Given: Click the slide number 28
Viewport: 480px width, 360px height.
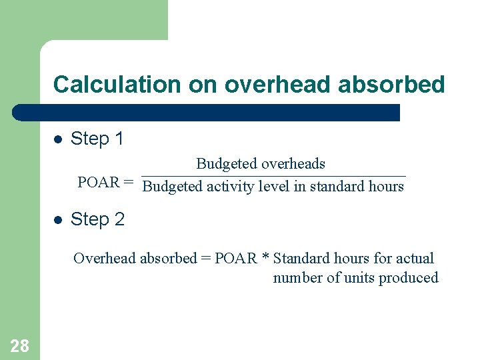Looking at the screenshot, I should click(19, 345).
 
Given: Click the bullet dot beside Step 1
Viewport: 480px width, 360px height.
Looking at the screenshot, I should click(58, 139).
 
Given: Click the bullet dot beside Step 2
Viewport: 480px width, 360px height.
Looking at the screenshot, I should click(58, 220).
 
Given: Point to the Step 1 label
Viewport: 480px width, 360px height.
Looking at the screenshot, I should click(97, 139).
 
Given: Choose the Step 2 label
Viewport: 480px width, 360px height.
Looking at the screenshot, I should click(97, 219).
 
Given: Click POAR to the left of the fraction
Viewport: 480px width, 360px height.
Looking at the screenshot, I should click(98, 183).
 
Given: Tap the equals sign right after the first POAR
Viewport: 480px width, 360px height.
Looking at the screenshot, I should click(128, 183).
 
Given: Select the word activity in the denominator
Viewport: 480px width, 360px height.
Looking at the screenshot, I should click(230, 187).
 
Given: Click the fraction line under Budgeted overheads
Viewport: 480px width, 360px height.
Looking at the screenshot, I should click(273, 176).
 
